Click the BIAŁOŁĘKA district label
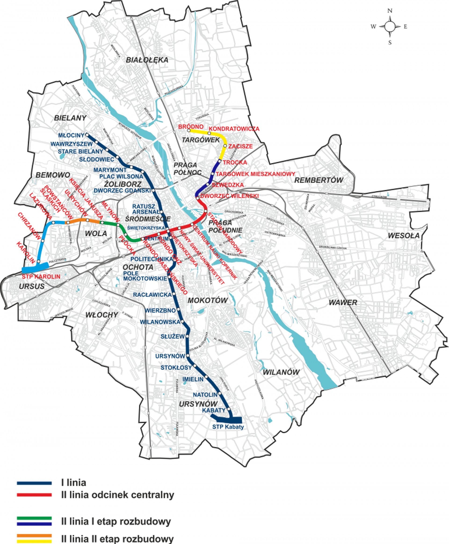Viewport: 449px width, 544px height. pos(147,60)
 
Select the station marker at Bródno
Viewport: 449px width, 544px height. pos(189,130)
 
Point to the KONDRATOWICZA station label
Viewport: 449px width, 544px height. pos(234,129)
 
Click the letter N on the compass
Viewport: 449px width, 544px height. pos(390,11)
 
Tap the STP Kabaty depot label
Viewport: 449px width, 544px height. pos(228,427)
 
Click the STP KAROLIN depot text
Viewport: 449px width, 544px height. pos(41,276)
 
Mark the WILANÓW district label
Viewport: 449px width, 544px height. pos(281,372)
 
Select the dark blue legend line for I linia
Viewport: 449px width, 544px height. pos(34,483)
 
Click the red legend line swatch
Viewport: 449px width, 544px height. pos(34,495)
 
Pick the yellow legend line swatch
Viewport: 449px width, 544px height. pos(34,541)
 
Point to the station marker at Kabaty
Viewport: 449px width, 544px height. pos(229,410)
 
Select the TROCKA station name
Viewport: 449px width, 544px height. pos(235,162)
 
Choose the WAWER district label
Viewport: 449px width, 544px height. pos(343,303)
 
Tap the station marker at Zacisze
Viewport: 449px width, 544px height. pos(225,146)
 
